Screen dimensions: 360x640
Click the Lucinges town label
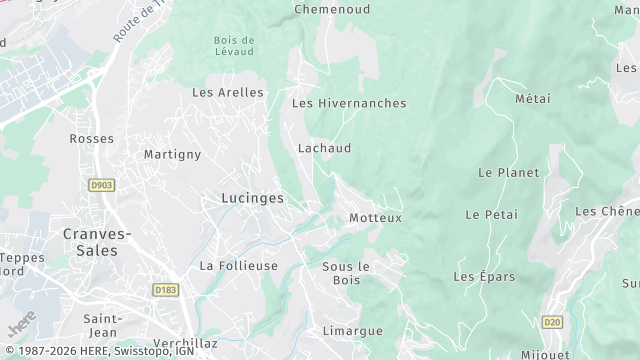point(252,199)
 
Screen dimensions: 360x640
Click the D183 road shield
point(165,289)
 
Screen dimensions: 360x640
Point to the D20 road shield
point(552,322)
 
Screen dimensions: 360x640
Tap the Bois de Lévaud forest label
point(233,45)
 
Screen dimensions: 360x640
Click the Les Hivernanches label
point(348,103)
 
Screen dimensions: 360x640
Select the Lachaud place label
point(324,148)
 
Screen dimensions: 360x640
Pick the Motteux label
point(375,218)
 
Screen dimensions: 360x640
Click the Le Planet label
point(508,173)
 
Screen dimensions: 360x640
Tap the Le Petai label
point(489,215)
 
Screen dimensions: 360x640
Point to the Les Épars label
point(483,276)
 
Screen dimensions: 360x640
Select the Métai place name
point(532,99)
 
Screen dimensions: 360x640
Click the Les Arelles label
point(228,92)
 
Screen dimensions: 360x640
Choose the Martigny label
point(172,154)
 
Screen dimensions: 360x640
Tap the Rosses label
point(91,139)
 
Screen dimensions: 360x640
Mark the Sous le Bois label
point(347,272)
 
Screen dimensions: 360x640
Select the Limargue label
point(352,330)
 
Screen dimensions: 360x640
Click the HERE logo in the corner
point(19,327)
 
